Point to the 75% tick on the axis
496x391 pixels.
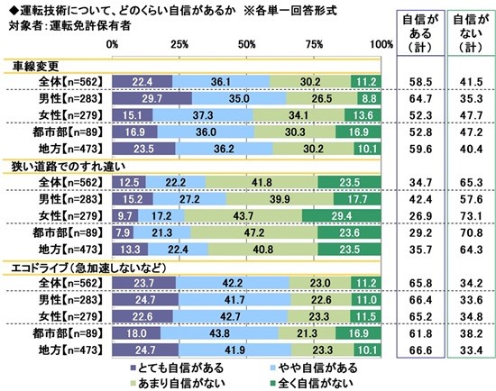tap(314, 43)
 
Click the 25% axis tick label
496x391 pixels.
tap(179, 43)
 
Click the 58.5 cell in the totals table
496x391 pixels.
tap(414, 81)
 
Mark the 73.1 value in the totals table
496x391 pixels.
tap(464, 213)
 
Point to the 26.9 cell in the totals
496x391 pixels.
tap(414, 213)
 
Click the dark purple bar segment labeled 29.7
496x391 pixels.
tap(151, 98)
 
